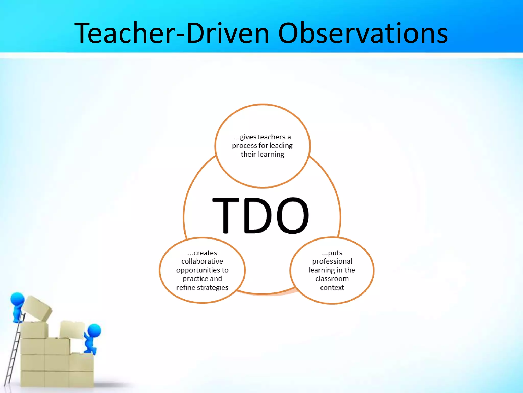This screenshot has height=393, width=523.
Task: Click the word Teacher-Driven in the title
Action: click(x=172, y=33)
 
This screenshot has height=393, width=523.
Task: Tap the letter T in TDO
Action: click(x=226, y=215)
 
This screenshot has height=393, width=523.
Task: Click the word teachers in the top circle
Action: click(x=271, y=137)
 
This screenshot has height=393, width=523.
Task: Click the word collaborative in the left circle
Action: click(x=202, y=261)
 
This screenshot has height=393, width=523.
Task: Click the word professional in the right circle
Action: click(x=332, y=261)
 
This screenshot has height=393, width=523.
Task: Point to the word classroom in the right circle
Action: click(x=332, y=279)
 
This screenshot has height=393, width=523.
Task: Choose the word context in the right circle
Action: click(x=332, y=288)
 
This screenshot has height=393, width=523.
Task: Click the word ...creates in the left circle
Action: click(x=202, y=253)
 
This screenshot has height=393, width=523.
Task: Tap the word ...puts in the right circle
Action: click(x=332, y=253)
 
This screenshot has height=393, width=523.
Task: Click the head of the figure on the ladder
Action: click(x=17, y=299)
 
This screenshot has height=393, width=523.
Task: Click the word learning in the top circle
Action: click(x=272, y=155)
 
